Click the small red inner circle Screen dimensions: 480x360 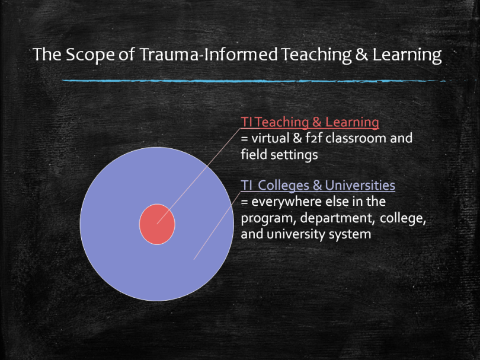(157, 224)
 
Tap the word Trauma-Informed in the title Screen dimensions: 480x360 (209, 54)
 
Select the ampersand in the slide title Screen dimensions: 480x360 (361, 55)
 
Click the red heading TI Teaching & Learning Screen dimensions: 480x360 (310, 122)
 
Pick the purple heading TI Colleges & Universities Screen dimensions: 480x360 (318, 186)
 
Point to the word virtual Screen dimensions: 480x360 (270, 138)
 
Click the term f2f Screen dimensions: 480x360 (313, 138)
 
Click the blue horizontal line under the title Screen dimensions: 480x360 (254, 81)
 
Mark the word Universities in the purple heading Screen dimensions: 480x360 (360, 186)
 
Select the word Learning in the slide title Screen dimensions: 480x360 (407, 55)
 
